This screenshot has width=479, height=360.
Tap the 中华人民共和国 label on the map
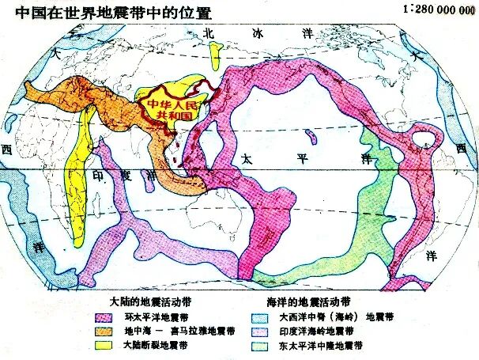[170, 109]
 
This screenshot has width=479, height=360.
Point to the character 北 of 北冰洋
[209, 34]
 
